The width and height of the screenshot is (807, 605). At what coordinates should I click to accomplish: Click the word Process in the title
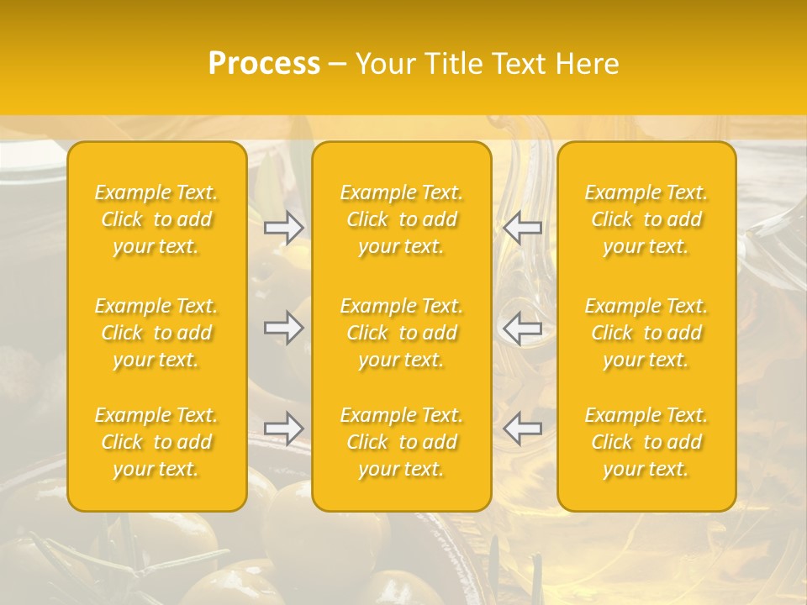(x=264, y=64)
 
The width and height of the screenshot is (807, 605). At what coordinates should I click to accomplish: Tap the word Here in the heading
(x=587, y=64)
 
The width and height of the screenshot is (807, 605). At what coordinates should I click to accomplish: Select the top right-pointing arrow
(x=284, y=228)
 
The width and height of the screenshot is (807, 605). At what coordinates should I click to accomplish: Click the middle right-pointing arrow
(x=284, y=328)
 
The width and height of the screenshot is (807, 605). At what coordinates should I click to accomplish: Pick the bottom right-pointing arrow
(x=284, y=428)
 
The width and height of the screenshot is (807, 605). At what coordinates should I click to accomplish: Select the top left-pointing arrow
(x=523, y=228)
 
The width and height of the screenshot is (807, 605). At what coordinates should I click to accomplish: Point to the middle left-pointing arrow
(x=523, y=328)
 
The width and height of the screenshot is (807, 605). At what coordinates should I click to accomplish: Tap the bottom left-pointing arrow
(x=523, y=428)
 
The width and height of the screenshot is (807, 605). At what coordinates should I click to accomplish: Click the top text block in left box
(x=156, y=219)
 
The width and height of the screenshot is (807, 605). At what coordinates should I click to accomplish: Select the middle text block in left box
(x=156, y=333)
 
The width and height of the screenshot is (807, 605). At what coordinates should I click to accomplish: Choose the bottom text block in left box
(x=156, y=442)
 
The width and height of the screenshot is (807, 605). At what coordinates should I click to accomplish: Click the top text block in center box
(x=402, y=219)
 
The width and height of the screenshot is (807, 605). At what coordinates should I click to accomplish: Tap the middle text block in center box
(x=402, y=333)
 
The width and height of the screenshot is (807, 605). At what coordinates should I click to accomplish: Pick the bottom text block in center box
(x=402, y=442)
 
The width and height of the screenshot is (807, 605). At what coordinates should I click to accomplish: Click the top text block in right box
(x=646, y=219)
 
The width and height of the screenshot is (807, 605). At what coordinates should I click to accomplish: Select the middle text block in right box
(x=646, y=333)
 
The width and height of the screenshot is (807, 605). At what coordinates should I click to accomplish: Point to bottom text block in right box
(x=646, y=442)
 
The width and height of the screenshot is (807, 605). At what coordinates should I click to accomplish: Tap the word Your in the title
(x=384, y=64)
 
